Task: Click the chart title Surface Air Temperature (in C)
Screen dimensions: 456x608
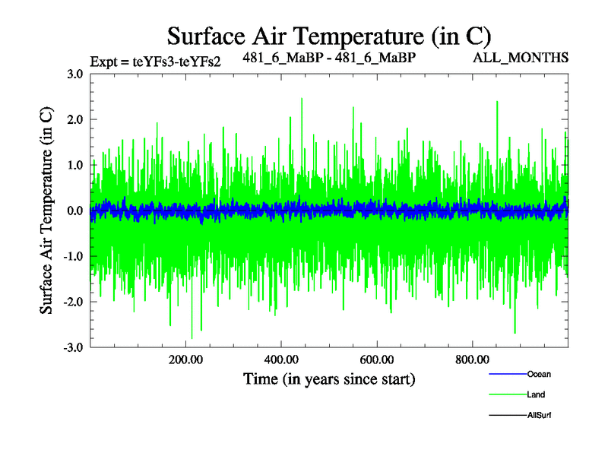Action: point(329,36)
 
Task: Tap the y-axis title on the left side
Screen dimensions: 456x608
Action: point(46,210)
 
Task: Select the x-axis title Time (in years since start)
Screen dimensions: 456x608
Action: point(329,378)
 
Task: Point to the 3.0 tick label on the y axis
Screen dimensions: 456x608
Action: point(74,74)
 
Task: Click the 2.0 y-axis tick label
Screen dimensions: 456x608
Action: point(74,119)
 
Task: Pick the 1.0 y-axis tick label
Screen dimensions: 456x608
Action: point(74,165)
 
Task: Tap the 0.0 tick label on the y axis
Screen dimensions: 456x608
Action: point(74,211)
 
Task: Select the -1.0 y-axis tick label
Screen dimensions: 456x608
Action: point(73,256)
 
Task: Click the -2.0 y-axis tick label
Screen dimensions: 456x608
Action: point(73,302)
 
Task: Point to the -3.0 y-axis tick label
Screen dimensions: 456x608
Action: point(73,347)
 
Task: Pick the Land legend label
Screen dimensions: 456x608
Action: point(536,394)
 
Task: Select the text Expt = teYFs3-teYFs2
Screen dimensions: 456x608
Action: point(155,62)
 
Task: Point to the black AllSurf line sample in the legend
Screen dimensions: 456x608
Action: point(505,415)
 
